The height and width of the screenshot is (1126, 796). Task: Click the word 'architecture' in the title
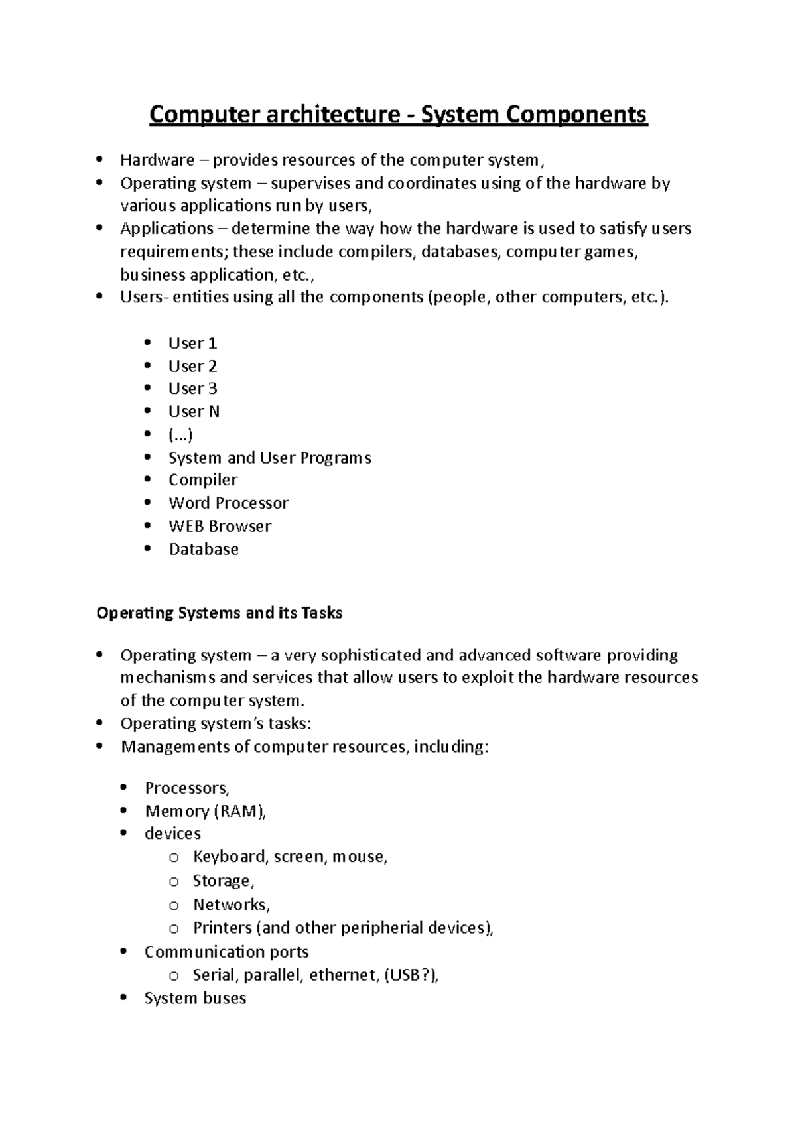[x=329, y=115]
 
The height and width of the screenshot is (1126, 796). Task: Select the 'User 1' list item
[x=192, y=344]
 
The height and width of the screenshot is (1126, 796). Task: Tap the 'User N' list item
[x=194, y=412]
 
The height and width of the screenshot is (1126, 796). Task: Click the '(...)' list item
[x=180, y=435]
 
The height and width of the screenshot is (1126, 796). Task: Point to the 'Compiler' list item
[x=203, y=480]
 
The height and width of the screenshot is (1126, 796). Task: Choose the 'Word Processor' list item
[x=228, y=503]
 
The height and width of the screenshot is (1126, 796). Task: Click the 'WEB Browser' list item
[x=220, y=527]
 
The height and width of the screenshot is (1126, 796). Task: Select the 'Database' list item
[x=204, y=550]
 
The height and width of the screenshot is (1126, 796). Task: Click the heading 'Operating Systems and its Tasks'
[x=220, y=613]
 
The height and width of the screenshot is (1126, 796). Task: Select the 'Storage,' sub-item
[x=224, y=881]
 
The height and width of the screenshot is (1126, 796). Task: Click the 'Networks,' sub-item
[x=231, y=905]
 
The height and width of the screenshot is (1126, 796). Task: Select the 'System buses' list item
[x=195, y=999]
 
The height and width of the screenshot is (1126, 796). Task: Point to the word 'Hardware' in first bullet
[x=157, y=160]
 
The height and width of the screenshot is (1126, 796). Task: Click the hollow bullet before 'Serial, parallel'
[x=174, y=976]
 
